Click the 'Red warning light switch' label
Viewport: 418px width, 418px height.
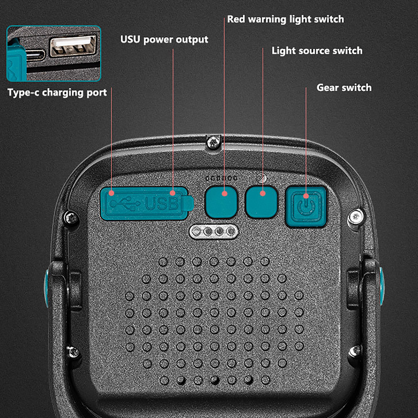tap(286, 19)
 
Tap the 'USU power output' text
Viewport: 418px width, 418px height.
tap(164, 40)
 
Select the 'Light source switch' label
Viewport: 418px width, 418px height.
tap(317, 51)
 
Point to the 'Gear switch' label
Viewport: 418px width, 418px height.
tap(344, 88)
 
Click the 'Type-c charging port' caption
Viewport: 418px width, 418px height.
tap(57, 93)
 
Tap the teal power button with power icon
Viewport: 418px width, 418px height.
tap(306, 206)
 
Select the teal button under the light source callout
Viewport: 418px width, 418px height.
tap(261, 202)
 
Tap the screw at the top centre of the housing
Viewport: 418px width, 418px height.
tap(213, 143)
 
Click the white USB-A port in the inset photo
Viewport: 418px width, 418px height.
tap(73, 46)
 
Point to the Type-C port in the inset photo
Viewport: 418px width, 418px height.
tap(35, 55)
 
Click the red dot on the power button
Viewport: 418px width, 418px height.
tap(306, 196)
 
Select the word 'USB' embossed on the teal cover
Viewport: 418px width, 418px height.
tap(162, 204)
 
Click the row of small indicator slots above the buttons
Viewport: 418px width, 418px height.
tap(221, 178)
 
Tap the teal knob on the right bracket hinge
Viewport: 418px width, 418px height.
tap(382, 286)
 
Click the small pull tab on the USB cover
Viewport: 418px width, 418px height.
tap(190, 203)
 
